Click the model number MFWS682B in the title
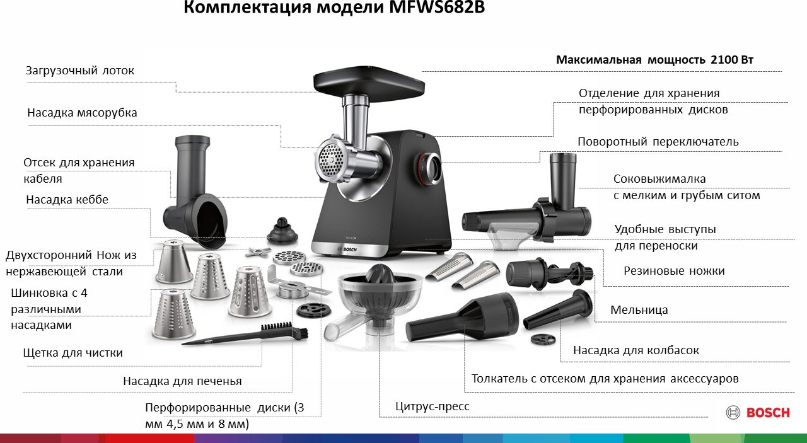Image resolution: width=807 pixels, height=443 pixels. (x=437, y=6)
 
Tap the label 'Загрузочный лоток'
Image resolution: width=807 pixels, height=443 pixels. (x=79, y=70)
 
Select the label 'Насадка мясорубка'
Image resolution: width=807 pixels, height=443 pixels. (x=82, y=113)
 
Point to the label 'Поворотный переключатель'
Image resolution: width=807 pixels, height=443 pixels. (x=658, y=142)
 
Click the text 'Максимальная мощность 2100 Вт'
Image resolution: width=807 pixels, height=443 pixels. (x=654, y=59)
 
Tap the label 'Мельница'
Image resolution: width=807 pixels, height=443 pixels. (x=639, y=310)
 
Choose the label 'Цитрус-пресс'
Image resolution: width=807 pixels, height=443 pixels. (x=433, y=406)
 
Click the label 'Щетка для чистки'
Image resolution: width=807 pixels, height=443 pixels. (x=73, y=353)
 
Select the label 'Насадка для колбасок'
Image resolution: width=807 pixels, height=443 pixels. (x=636, y=350)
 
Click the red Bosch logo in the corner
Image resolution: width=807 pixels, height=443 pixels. (x=758, y=412)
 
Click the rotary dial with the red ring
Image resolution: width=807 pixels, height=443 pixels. (x=430, y=168)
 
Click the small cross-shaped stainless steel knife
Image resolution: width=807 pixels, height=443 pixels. (x=258, y=252)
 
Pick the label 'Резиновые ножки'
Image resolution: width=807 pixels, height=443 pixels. (x=674, y=271)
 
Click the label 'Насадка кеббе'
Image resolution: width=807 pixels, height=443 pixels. (x=67, y=200)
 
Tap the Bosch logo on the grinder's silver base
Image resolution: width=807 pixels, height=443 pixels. (x=347, y=249)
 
